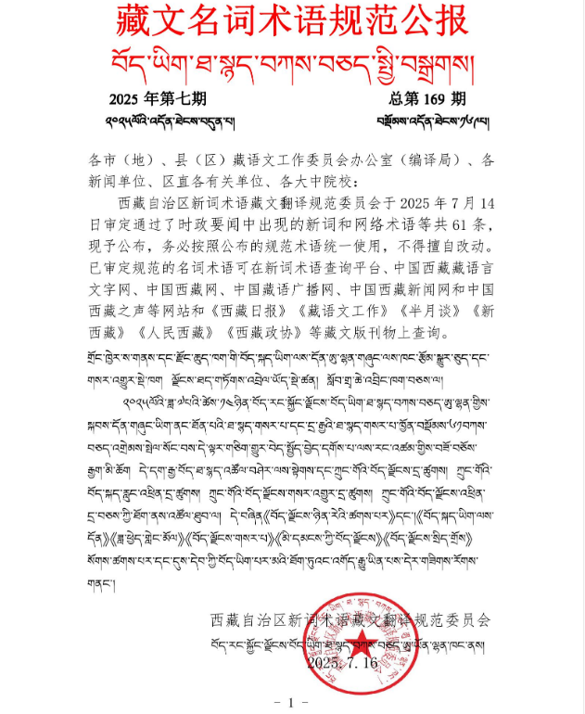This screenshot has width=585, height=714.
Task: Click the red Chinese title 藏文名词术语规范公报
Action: point(292,20)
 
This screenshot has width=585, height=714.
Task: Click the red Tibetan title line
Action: point(293,59)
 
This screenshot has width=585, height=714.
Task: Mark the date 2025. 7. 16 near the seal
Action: point(343,664)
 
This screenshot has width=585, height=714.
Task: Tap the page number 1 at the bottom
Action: point(291,701)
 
